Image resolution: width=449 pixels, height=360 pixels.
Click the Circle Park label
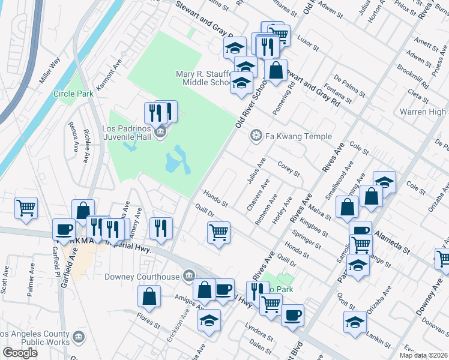pos(73,94)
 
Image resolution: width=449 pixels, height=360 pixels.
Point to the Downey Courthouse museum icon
pos(189,275)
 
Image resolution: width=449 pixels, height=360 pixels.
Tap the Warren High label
pos(423,112)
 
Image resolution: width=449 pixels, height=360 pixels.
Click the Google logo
pos(20,353)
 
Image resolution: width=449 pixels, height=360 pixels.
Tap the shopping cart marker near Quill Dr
pos(219,232)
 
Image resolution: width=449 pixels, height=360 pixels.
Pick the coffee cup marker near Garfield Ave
pos(64,229)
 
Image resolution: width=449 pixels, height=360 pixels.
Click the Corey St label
pos(289,169)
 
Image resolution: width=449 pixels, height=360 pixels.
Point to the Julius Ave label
pos(257,170)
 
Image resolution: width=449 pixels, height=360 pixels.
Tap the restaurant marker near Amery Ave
pos(160,227)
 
